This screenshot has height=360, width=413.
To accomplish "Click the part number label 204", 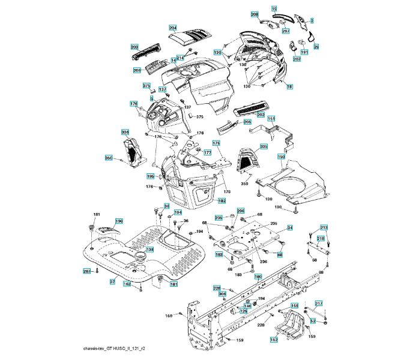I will coord(173,28).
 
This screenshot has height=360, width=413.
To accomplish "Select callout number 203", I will coord(134,46).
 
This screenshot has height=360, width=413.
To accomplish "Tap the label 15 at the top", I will coord(274,8).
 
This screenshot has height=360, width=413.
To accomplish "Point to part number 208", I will coord(255,14).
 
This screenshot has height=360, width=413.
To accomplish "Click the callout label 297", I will coord(286,31).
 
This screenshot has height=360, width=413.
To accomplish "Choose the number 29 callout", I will coord(316,46).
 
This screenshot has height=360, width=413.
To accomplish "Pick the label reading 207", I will coord(297,59).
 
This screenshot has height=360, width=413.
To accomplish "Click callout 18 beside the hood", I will coord(289,87).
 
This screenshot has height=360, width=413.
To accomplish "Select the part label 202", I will coord(261,114).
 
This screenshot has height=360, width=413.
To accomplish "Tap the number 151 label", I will coord(271,119).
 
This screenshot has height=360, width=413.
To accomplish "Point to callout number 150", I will coord(281,156).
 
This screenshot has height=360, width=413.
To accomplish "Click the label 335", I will coord(264,146).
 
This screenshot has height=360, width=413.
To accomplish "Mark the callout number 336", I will coord(125,131).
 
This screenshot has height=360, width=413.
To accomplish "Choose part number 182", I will coord(222,200).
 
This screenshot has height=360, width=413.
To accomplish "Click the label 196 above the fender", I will coord(119,221).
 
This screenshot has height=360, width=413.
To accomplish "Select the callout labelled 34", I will coord(289,228).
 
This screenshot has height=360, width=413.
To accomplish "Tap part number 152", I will coord(274,340).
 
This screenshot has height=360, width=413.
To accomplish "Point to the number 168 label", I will coord(169,315).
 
